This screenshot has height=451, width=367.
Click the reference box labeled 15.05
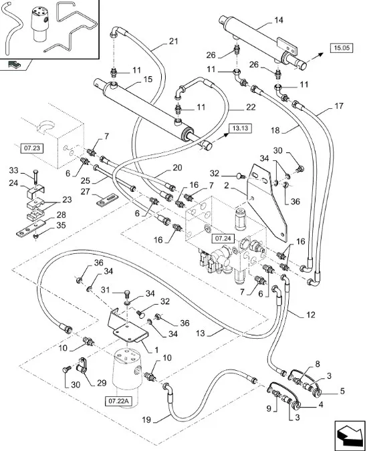342,47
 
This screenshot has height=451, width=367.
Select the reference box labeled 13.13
240,128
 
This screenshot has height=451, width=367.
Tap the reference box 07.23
32,148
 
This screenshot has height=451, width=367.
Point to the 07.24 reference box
223,238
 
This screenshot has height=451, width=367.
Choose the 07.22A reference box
118,402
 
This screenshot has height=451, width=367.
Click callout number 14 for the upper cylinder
279,20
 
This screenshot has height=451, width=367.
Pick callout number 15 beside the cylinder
148,80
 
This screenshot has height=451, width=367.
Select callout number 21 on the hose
173,41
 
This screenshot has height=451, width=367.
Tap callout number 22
251,108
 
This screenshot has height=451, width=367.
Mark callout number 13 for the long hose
200,333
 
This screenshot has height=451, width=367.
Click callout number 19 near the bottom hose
146,420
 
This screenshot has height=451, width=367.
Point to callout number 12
311,315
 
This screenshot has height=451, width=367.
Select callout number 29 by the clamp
102,383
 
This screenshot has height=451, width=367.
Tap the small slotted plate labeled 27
108,200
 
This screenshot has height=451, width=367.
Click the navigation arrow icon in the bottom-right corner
350,435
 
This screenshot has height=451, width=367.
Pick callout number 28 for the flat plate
61,215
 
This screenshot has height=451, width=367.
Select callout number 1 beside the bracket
156,350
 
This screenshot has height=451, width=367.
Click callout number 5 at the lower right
342,391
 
